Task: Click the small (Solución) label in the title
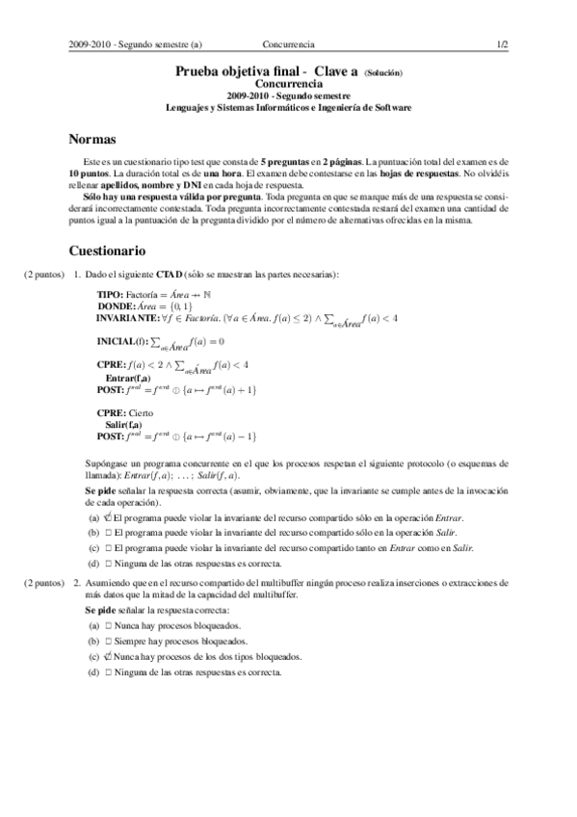[382, 73]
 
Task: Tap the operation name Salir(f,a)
[124, 425]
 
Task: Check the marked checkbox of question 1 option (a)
[108, 517]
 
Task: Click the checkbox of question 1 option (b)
[109, 532]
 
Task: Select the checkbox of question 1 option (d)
[109, 563]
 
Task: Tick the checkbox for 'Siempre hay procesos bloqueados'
[109, 641]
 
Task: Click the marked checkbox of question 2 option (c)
[108, 656]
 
